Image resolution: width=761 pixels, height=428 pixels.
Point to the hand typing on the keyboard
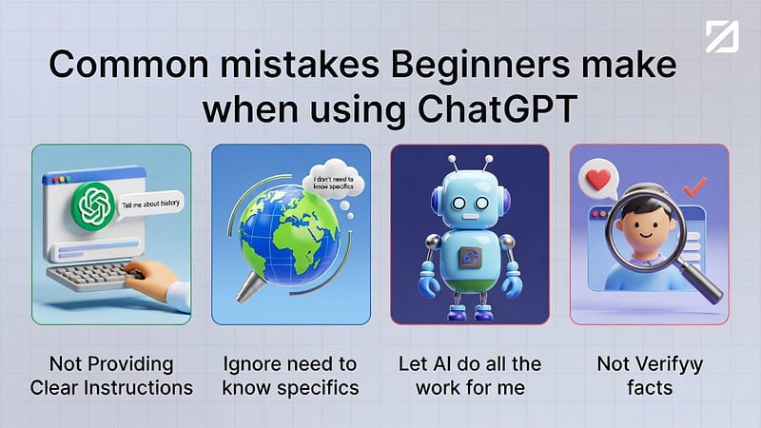(x=162, y=280)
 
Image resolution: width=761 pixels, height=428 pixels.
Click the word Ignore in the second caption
(x=253, y=363)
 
